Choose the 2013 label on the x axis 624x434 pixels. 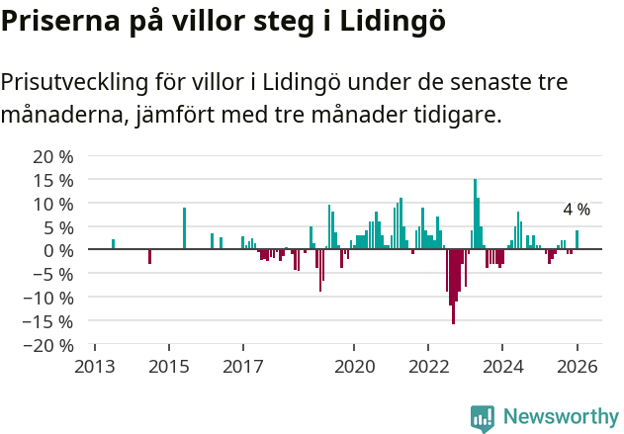point(94,367)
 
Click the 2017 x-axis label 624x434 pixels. point(242,367)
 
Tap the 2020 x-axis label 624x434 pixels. point(354,367)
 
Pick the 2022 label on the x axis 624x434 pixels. point(428,367)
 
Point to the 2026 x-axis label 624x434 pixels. point(577,367)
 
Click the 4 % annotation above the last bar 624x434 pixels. point(577,210)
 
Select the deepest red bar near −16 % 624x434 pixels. point(453,287)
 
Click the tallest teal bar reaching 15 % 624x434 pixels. point(475,215)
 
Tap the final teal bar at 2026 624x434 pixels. point(578,240)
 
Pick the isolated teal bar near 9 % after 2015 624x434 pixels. point(184,228)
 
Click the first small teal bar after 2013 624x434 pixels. point(113,244)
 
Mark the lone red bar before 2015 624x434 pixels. point(149,256)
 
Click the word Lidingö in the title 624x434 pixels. point(393,22)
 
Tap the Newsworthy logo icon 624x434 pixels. point(483,418)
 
